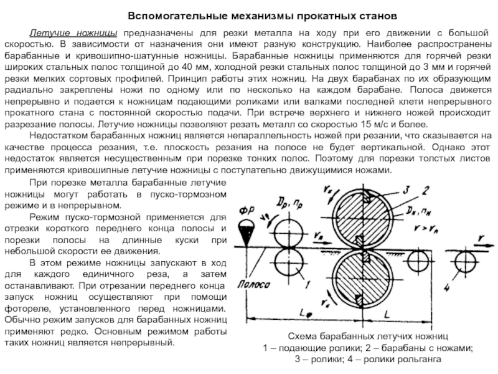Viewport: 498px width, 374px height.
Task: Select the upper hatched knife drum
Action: [365, 216]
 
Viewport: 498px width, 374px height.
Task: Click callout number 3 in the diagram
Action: [405, 189]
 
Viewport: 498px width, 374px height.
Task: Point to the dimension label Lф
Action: [302, 310]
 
